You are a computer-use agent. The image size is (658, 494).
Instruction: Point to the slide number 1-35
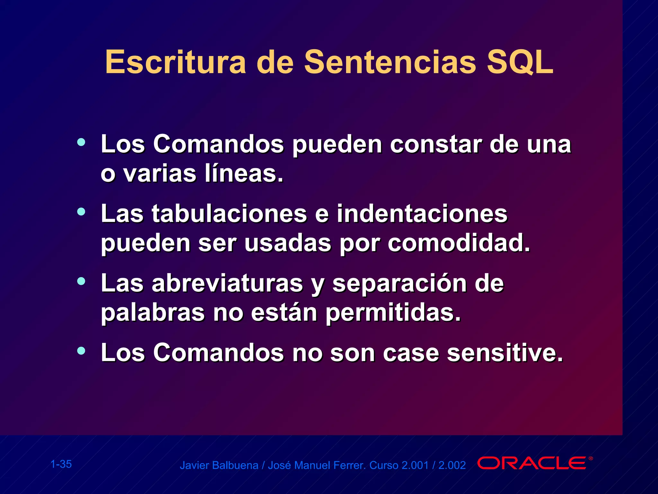pos(61,464)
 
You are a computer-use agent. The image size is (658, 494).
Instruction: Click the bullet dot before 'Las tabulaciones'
pos(81,212)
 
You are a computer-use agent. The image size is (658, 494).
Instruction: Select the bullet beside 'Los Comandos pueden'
pos(81,142)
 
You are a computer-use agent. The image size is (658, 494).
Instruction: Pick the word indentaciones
pos(422,214)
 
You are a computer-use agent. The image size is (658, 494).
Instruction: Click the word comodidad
pos(459,243)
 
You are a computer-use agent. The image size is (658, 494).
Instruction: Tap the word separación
pos(399,283)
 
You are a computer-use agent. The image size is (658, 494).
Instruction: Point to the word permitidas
pos(393,313)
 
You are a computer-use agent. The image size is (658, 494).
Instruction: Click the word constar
pos(436,144)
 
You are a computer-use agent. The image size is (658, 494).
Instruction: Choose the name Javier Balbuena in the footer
pos(219,465)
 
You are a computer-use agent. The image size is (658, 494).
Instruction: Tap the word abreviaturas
pos(227,283)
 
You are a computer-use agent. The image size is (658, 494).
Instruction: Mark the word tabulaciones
pos(229,214)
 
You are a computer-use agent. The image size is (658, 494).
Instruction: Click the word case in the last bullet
pos(411,353)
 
